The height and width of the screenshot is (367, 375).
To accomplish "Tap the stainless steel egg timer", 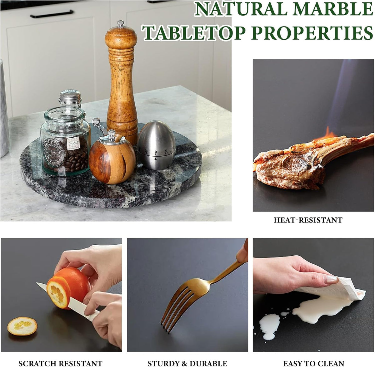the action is pos(157,145).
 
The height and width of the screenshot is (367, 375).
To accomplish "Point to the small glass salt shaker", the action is pos(70,99).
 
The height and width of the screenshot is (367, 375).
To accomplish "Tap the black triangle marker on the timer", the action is pos(156,159).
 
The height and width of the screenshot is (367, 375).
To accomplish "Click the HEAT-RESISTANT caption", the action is pos(308,220).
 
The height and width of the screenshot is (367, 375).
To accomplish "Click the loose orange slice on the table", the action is pos(22,326).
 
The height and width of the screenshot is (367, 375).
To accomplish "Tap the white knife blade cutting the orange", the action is pos(58,296).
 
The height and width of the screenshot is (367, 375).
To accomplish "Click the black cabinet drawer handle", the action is pos(52,14).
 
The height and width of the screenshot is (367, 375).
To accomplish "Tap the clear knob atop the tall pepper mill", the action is pos(121,23).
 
